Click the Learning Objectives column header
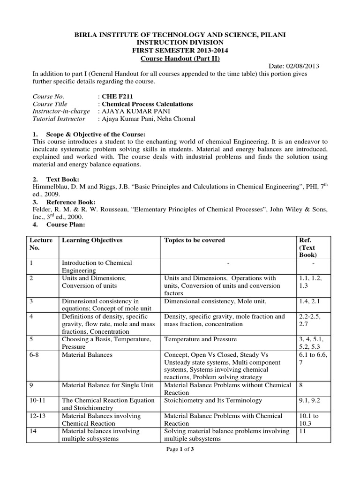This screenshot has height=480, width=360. coord(92,240)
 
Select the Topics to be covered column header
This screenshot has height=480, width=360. coord(195,240)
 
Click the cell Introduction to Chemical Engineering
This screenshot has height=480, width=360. coord(97,267)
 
